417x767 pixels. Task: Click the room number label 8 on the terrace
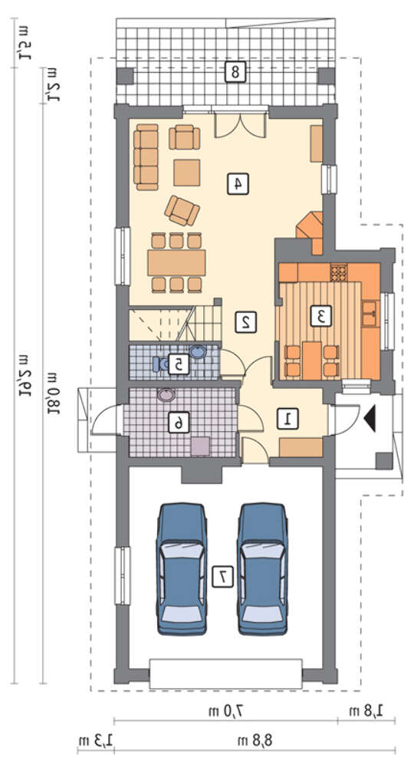click(235, 72)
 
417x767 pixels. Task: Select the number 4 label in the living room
click(238, 184)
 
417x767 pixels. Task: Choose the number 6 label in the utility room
click(179, 422)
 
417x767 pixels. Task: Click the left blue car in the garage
click(182, 569)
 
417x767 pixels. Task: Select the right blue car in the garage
click(262, 569)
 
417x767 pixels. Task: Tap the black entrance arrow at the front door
click(369, 418)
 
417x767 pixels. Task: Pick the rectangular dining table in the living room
click(176, 262)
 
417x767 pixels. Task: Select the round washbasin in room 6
click(166, 395)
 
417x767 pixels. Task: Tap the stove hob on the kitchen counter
click(338, 272)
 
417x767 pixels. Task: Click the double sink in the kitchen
click(369, 314)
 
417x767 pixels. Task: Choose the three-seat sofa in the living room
click(146, 157)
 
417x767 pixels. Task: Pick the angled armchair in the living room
click(182, 211)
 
